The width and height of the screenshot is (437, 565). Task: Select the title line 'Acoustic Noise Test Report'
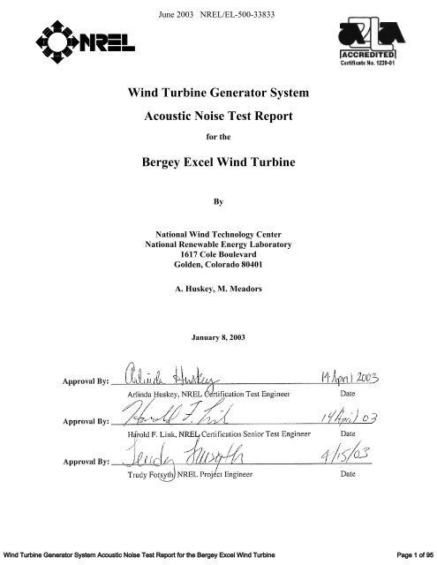[217, 117]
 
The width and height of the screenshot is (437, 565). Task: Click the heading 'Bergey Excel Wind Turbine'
[217, 164]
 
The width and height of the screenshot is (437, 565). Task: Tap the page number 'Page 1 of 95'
[403, 553]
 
